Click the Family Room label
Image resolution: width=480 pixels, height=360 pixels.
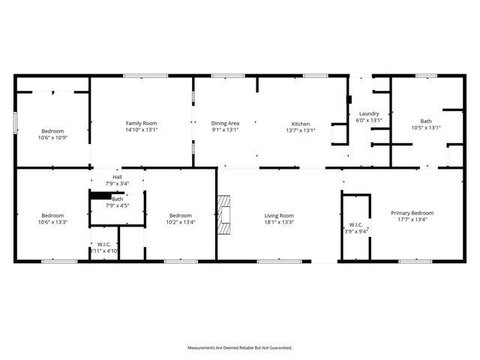pos(141,123)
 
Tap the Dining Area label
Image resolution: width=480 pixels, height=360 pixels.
pos(225,123)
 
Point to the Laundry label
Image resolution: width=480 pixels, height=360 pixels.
pos(369,114)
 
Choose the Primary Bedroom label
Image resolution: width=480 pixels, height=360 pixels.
pos(412,213)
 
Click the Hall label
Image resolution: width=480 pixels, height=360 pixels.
pos(117,177)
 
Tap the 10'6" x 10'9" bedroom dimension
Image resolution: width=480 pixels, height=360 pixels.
pos(53,137)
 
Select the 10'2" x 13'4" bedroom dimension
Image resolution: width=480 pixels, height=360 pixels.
pos(181,222)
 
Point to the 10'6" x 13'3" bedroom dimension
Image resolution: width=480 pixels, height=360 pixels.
pos(53,222)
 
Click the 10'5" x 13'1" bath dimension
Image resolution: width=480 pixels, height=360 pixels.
pos(426,127)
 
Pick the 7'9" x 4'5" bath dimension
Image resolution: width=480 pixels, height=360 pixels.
pos(118,205)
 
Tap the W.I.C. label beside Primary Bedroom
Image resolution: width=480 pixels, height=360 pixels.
pos(355,225)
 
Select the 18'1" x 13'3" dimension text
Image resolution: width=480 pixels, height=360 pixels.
pos(279,222)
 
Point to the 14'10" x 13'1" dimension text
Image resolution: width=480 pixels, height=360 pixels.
pos(141,130)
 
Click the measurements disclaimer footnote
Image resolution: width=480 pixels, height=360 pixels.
pos(240,348)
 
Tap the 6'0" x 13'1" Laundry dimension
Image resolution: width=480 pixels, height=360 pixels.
pos(369,120)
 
